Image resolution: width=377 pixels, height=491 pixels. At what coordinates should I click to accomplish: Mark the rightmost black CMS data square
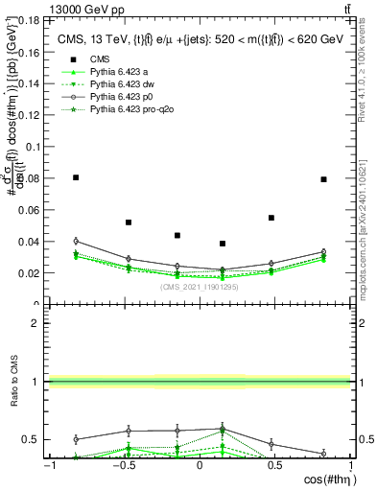(323, 179)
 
